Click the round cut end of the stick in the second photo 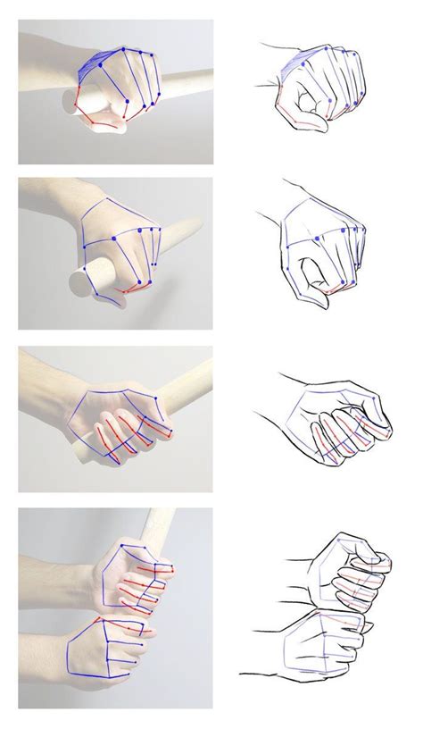(x=82, y=284)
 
